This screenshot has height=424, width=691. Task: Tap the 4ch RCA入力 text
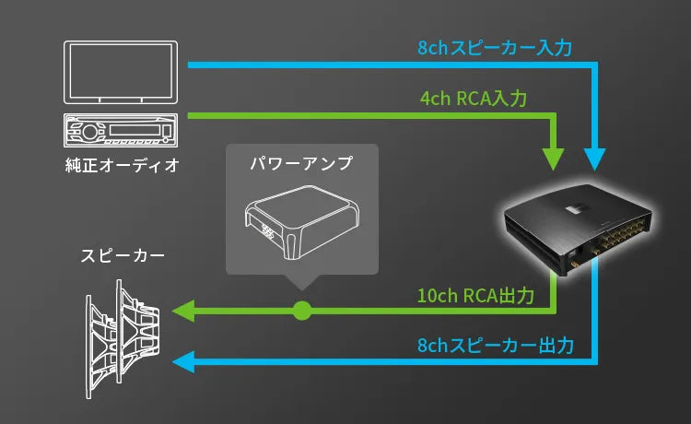click(x=473, y=98)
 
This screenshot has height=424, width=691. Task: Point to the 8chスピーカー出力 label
click(x=495, y=347)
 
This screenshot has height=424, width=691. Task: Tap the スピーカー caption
click(x=117, y=253)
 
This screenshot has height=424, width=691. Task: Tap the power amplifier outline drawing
click(x=300, y=222)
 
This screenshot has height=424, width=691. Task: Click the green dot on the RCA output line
click(x=301, y=311)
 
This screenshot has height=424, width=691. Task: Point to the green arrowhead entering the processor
click(x=554, y=157)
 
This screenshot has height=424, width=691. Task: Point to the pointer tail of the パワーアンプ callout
click(x=301, y=281)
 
